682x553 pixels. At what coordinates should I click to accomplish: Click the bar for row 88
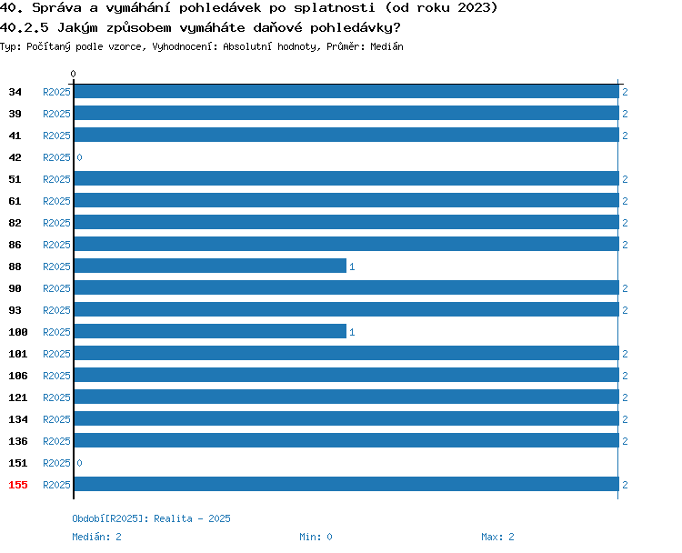pos(210,266)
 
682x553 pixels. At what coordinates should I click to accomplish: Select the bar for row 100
pos(210,331)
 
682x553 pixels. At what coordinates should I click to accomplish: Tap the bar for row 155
pos(346,484)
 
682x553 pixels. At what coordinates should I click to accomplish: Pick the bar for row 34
pos(346,91)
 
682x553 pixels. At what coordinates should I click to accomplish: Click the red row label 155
pos(18,485)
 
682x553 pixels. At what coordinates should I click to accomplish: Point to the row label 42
pos(15,157)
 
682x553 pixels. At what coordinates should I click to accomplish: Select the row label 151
pos(18,463)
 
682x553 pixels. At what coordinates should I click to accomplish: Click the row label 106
pos(18,376)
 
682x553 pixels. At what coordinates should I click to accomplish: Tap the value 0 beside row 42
pos(79,157)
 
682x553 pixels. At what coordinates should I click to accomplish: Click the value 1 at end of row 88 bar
pos(352,266)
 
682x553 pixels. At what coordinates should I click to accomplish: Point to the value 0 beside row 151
pos(79,463)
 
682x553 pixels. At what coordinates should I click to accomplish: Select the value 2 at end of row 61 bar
pos(625,201)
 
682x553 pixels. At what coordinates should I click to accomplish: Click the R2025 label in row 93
pos(56,310)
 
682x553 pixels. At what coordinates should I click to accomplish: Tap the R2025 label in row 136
pos(56,441)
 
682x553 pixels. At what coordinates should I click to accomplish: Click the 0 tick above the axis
pos(73,74)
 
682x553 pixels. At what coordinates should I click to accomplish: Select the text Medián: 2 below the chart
pos(96,537)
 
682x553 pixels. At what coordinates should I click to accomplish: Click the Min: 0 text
pos(316,537)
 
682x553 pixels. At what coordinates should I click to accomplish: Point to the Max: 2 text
pos(497,537)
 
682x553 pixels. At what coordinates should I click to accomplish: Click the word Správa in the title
pos(57,8)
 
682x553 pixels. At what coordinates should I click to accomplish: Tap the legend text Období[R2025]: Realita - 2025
pos(151,518)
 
